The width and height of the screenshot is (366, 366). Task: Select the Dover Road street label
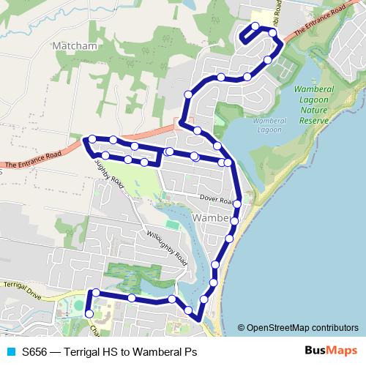(x=217, y=199)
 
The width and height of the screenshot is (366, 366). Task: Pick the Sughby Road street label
(x=109, y=176)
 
